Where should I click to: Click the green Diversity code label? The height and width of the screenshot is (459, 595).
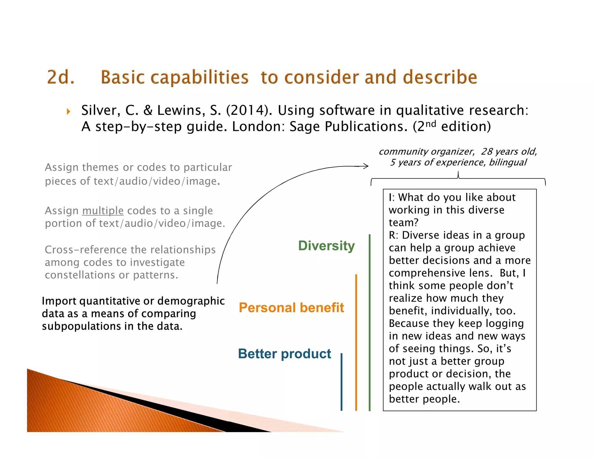(x=326, y=246)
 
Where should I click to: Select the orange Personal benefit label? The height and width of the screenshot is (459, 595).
(x=291, y=308)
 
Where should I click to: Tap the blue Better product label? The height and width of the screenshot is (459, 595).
(x=284, y=354)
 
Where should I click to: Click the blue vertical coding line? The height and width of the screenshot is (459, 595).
(x=341, y=382)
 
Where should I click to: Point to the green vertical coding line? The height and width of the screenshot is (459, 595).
(x=370, y=322)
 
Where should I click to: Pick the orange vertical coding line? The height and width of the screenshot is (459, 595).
(x=356, y=342)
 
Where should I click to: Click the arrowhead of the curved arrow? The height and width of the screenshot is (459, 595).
(x=367, y=166)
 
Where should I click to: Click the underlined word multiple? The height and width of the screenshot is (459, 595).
(x=103, y=211)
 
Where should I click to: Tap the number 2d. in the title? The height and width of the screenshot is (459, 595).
(x=61, y=77)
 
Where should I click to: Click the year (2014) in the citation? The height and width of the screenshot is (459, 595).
(x=249, y=111)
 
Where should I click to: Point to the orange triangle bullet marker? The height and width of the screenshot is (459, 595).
(x=69, y=111)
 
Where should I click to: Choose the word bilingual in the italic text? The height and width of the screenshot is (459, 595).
(x=508, y=162)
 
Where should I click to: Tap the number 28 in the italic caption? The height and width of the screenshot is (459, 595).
(x=487, y=151)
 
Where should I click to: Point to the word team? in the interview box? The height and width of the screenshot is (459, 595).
(x=404, y=223)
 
